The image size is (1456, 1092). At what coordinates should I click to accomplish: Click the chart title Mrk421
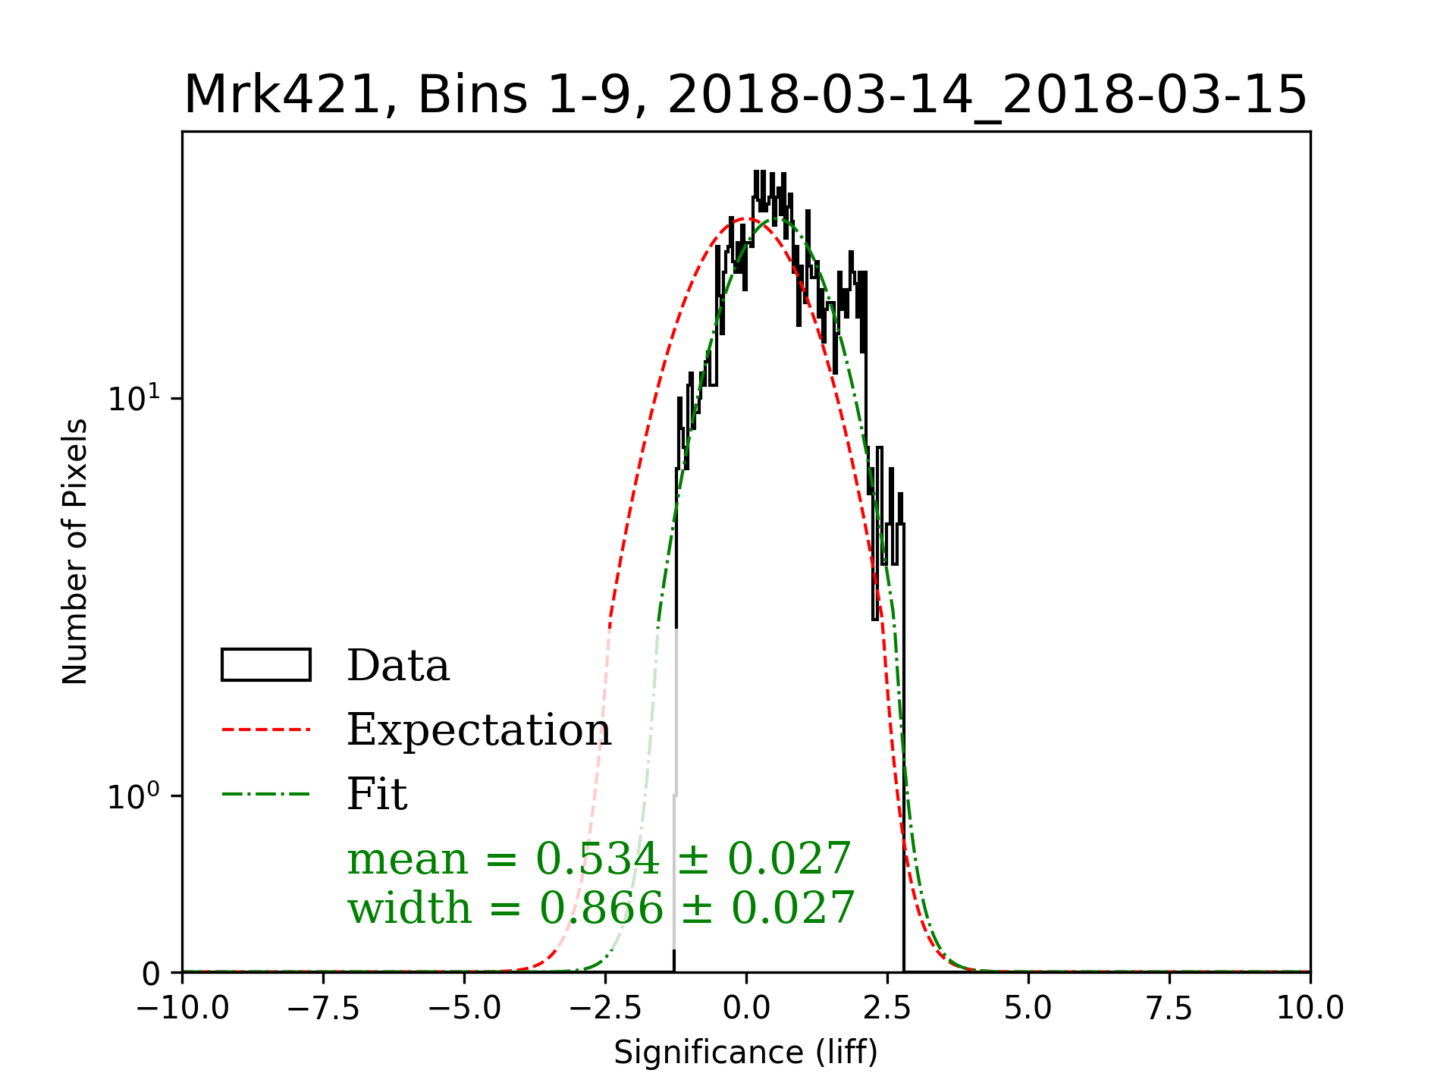(x=745, y=96)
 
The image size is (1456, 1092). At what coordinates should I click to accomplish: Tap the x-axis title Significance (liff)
(x=745, y=1053)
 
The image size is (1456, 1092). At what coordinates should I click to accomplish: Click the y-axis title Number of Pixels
(x=75, y=551)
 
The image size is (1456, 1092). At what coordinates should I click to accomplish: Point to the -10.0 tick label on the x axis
(x=183, y=1009)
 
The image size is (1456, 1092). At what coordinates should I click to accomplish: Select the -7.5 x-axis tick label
(x=323, y=1009)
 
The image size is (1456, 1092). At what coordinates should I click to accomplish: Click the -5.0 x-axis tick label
(x=464, y=1009)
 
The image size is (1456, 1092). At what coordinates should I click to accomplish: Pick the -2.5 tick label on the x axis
(x=605, y=1009)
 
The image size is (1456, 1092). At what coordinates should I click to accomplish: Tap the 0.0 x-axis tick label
(x=746, y=1009)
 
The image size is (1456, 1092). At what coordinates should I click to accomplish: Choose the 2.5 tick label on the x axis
(x=887, y=1009)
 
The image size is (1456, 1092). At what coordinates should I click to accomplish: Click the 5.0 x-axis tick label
(x=1028, y=1009)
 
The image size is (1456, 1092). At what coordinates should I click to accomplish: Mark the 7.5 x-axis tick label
(x=1169, y=1009)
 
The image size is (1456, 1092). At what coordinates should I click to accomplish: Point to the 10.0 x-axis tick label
(x=1310, y=1009)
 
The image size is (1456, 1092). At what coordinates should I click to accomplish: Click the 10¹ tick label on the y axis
(x=135, y=398)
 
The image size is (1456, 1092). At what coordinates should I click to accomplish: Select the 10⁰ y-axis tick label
(x=135, y=795)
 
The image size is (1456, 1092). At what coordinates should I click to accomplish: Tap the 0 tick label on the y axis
(x=152, y=974)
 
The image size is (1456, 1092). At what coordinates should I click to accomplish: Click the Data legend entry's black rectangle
(x=265, y=665)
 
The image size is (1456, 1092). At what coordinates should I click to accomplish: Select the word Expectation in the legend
(x=479, y=730)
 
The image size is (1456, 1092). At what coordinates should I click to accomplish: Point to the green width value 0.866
(x=601, y=908)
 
